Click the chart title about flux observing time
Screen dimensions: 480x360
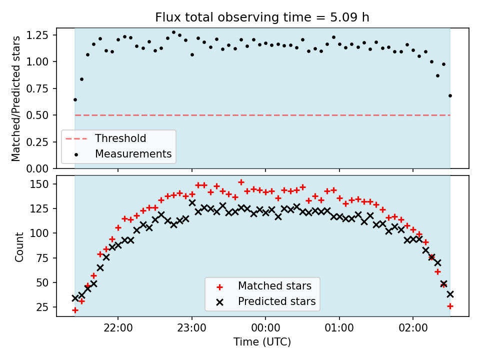pos(262,17)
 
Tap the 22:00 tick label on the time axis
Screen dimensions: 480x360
pos(118,328)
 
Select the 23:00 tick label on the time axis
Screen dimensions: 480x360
pos(192,328)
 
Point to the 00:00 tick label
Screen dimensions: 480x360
pos(265,328)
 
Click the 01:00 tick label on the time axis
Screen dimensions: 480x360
pos(339,328)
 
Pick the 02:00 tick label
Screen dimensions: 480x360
pos(413,328)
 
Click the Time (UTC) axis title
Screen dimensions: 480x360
pos(262,341)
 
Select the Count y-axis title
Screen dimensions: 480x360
pos(19,246)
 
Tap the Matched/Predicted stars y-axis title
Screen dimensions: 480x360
pos(16,98)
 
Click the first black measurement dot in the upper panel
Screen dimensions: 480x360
pos(75,100)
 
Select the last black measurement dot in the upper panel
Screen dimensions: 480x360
pos(450,96)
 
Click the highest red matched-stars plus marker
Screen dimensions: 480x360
pos(241,182)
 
